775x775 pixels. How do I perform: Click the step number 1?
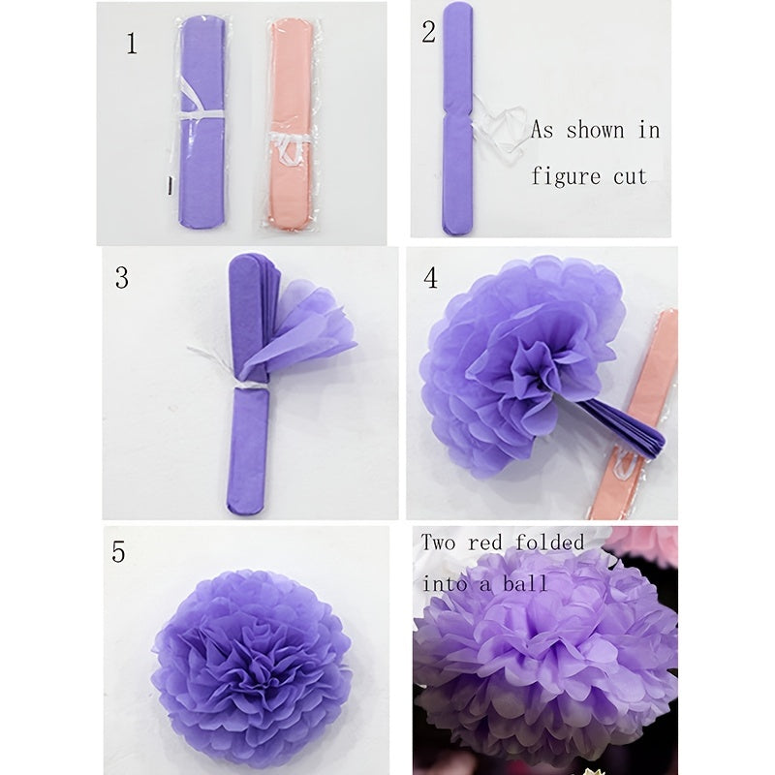click(x=132, y=44)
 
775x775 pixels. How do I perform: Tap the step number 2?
click(x=428, y=31)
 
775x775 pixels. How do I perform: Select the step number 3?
click(x=121, y=278)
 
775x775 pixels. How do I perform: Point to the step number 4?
click(x=430, y=278)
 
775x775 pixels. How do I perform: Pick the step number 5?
click(x=118, y=552)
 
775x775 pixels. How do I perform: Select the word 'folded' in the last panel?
click(x=551, y=542)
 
